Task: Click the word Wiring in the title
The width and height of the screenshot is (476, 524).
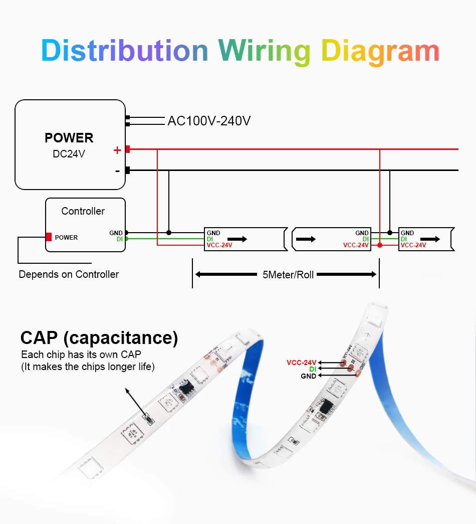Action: coord(264,51)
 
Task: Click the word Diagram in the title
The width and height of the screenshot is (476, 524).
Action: coord(380,51)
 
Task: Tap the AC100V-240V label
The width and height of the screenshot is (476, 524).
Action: coord(209,121)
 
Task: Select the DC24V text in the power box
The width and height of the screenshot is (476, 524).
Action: coord(69,154)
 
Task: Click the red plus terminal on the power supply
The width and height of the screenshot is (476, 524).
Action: coord(128,149)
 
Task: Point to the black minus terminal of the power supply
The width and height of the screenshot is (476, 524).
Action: coord(128,170)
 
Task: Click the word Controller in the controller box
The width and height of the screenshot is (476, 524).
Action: coord(83,211)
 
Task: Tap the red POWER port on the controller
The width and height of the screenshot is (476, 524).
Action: coord(49,237)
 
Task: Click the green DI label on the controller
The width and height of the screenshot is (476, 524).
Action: coord(120,239)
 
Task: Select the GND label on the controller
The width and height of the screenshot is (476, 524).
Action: coord(116,233)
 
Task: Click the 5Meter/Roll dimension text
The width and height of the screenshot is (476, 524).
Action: coord(288,275)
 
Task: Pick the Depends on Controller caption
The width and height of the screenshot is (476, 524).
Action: coord(69,274)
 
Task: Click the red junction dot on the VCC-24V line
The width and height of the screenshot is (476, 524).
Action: coord(380,245)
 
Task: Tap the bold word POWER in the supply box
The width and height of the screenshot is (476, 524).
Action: coord(69,138)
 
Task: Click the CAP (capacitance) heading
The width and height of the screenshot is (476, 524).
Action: coord(99,338)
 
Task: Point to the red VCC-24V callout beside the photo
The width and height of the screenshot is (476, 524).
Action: coord(302,363)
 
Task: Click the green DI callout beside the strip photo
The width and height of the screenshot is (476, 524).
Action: coord(313,369)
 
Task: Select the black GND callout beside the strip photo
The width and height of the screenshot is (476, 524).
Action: coord(309,376)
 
